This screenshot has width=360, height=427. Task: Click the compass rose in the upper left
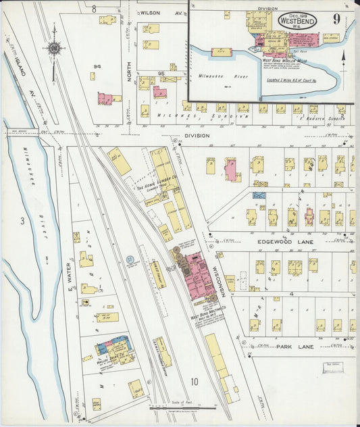[x=53, y=48]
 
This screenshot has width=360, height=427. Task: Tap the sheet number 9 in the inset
[x=336, y=18]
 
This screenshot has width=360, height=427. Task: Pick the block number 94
[x=97, y=66]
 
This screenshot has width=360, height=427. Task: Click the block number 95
[x=161, y=73]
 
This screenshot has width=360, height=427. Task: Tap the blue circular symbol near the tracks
[x=130, y=258]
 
